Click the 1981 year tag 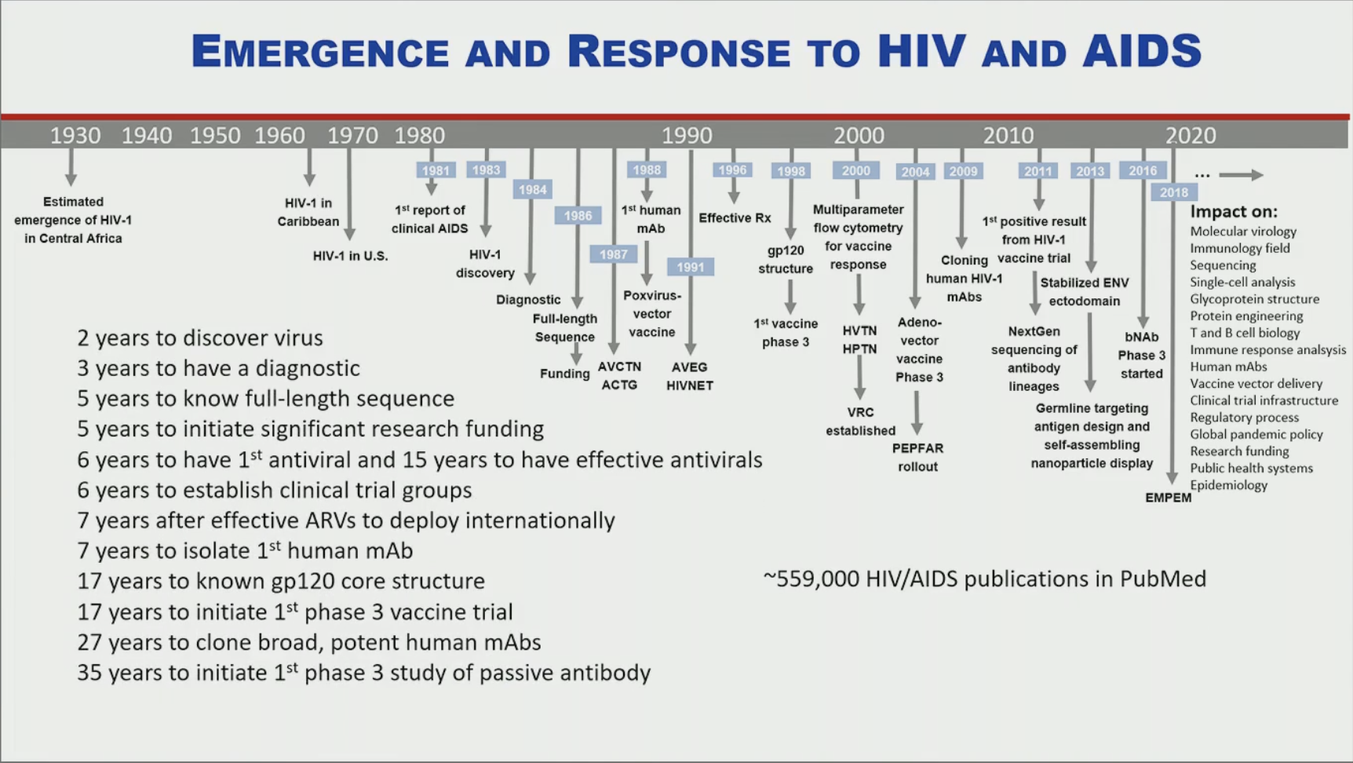tap(436, 170)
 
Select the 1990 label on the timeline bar tap(687, 135)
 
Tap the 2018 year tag tap(1174, 192)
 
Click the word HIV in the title tap(921, 51)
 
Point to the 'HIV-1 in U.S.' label tap(350, 256)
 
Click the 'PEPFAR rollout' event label tap(917, 457)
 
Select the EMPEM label tap(1168, 498)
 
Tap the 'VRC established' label tap(860, 421)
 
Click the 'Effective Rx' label tap(735, 217)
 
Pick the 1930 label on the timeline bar tap(75, 135)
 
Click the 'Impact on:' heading tap(1234, 211)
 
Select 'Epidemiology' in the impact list tap(1228, 485)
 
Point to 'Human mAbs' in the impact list tap(1228, 367)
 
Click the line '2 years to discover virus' tap(200, 338)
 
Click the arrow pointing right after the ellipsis tap(1241, 175)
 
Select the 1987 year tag tap(613, 254)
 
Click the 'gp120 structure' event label tap(785, 259)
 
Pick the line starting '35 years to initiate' tap(364, 673)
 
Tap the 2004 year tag tap(915, 172)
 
